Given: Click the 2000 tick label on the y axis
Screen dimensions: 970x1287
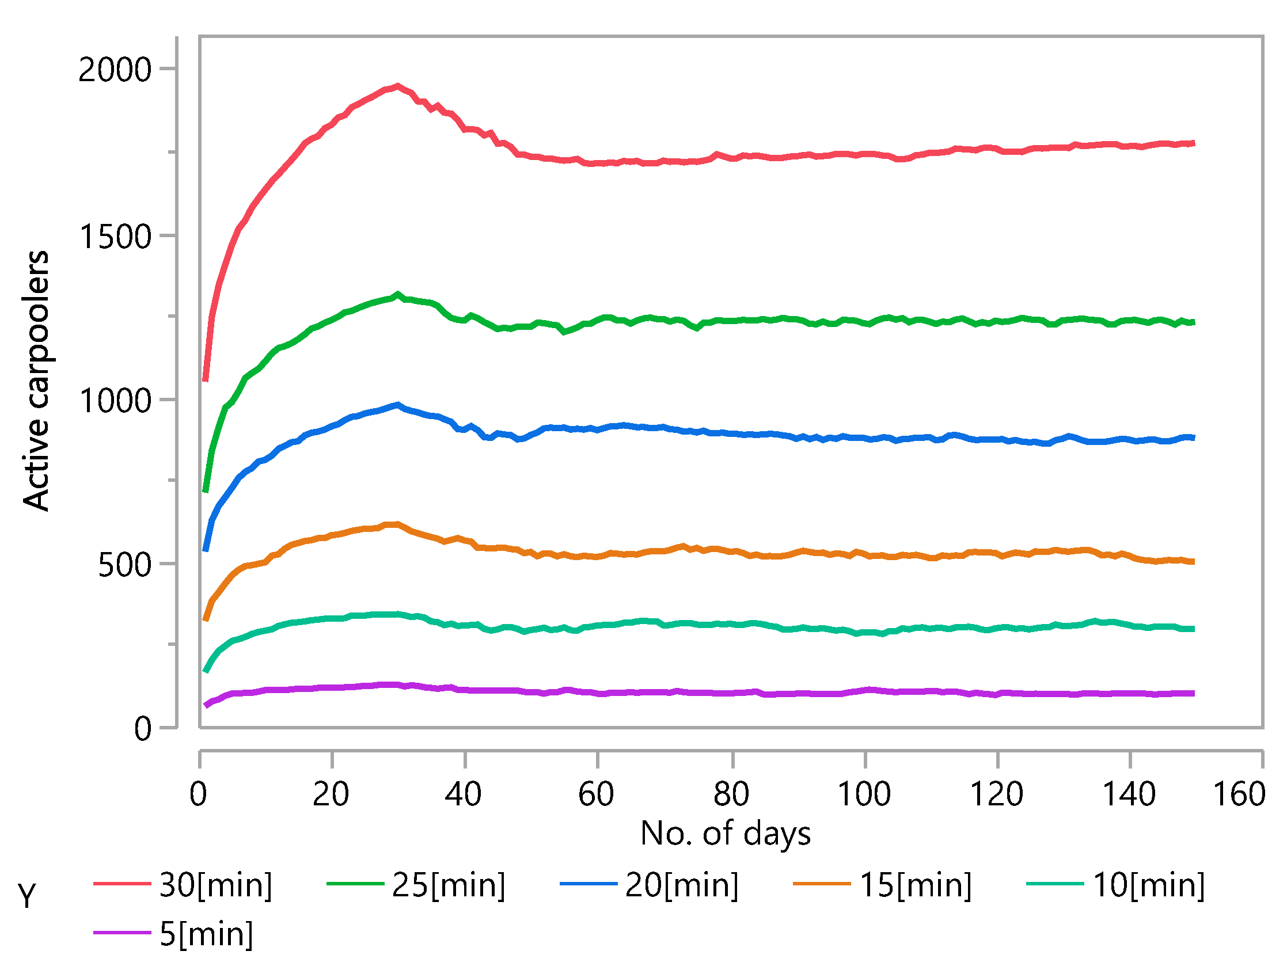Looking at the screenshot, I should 115,70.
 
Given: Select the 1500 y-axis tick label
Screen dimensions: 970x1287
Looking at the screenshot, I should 115,237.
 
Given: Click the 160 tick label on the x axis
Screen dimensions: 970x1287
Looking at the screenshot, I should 1239,794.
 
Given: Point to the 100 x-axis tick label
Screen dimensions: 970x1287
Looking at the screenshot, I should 864,794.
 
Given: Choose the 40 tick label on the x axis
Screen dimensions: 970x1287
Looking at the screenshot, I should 463,794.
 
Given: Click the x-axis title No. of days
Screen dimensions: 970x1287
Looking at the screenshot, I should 725,834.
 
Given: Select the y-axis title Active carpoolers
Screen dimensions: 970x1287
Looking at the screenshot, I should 36,381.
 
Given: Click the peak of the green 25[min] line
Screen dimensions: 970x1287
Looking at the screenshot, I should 398,295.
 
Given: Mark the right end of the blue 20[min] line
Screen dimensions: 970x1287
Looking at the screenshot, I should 1193,438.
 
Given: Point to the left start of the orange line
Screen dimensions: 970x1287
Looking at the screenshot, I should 206,619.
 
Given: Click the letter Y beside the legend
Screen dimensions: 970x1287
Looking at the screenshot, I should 26,895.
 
